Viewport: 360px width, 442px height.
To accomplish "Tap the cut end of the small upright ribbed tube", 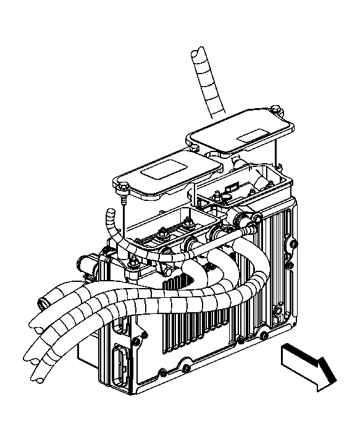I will tap(110, 212).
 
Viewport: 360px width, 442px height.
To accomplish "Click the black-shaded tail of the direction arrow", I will tap(327, 370).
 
